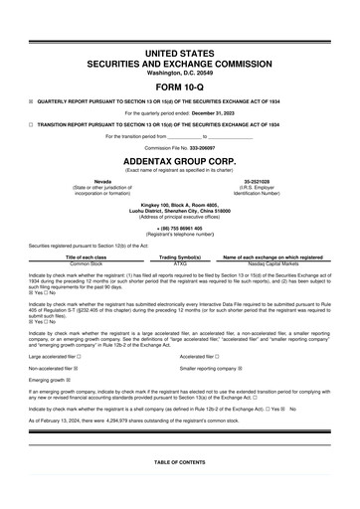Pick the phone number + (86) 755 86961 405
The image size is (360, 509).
click(x=179, y=228)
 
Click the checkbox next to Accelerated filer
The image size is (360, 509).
click(x=217, y=356)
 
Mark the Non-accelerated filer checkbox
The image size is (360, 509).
click(x=76, y=368)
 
